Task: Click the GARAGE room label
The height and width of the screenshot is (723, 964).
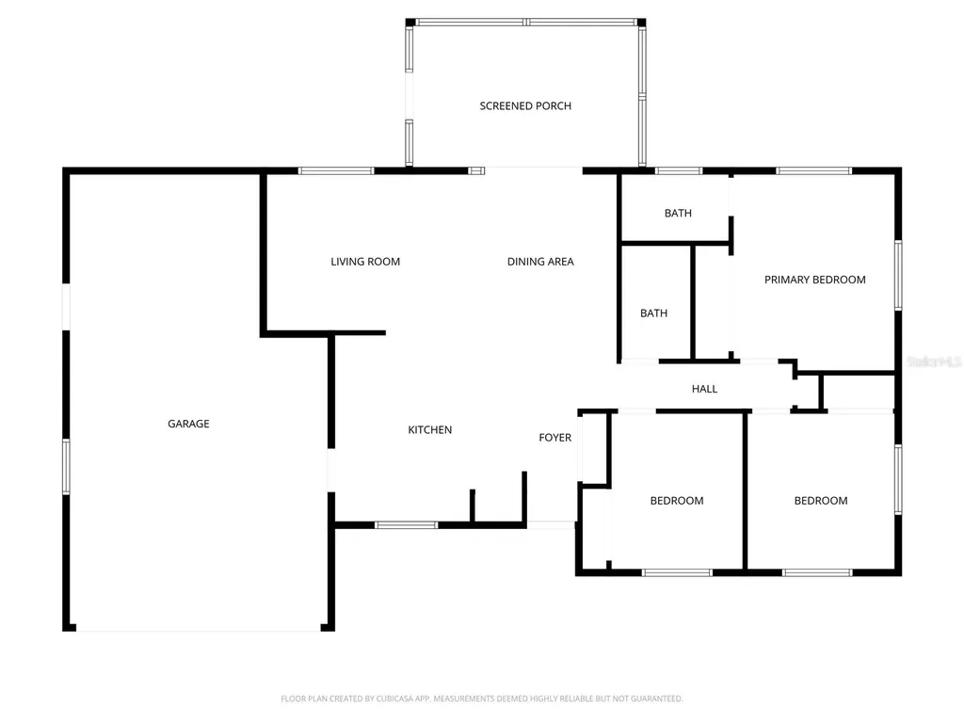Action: point(188,424)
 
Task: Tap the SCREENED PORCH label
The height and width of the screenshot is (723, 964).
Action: point(525,105)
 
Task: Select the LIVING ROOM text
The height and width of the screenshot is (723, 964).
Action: point(365,262)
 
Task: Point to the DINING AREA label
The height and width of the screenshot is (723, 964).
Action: point(540,262)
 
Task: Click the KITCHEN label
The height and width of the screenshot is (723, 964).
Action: point(429,429)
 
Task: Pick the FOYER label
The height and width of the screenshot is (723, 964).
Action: point(555,437)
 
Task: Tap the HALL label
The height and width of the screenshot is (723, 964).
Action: point(704,389)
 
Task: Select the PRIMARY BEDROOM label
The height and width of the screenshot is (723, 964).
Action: point(814,280)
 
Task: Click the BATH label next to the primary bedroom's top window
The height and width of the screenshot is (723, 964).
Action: point(678,213)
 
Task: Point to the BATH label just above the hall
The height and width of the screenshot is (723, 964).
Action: point(653,313)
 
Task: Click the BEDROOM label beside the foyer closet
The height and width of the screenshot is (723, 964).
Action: point(677,501)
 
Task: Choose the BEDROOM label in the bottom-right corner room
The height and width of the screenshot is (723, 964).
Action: point(821,501)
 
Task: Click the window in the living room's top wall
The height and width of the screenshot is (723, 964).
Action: point(336,171)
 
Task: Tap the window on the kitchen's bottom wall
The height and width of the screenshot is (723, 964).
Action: point(407,525)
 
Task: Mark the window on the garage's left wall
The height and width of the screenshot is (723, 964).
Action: point(67,467)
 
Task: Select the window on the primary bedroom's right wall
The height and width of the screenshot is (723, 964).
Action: point(898,275)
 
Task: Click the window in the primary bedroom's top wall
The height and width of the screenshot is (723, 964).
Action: point(814,171)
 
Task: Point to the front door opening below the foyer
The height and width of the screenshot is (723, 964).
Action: point(552,525)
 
